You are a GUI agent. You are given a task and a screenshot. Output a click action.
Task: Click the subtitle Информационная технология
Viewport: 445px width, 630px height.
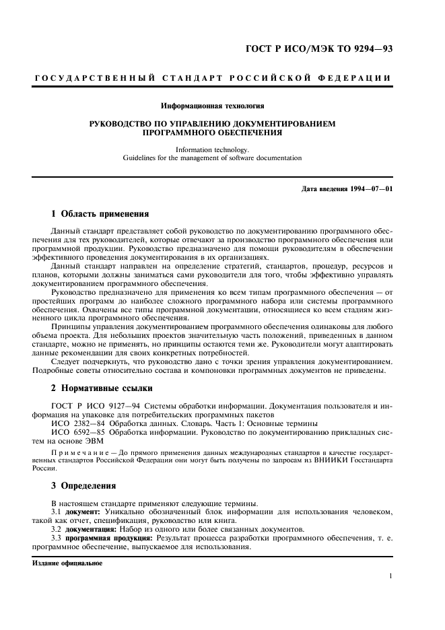(212, 106)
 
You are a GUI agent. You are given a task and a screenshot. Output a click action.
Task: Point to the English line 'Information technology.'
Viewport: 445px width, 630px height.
(212, 149)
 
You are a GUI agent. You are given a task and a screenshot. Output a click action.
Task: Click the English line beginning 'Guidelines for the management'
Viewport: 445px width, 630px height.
(212, 158)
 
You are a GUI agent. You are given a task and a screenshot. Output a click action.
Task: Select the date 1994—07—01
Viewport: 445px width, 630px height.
(369, 188)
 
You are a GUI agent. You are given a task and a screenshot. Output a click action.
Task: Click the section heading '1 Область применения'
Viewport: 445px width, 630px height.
(100, 213)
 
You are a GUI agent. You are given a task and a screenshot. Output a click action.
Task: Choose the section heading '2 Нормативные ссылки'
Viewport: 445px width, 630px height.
(102, 388)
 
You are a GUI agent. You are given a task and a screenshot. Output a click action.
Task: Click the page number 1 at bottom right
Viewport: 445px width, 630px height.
(390, 575)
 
